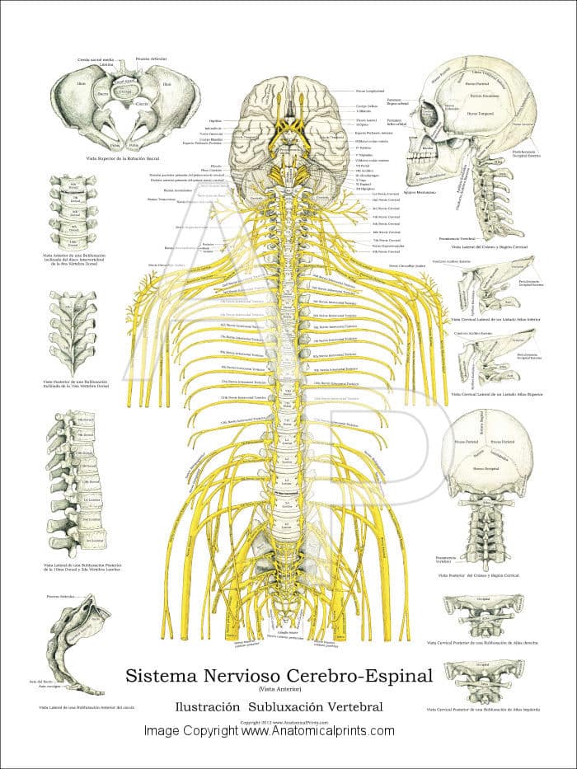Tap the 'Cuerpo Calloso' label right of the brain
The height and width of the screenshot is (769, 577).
pyautogui.click(x=367, y=106)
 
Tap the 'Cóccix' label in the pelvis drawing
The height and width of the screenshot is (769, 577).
pyautogui.click(x=141, y=105)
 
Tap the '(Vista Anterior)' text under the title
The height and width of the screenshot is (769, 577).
pyautogui.click(x=279, y=689)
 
